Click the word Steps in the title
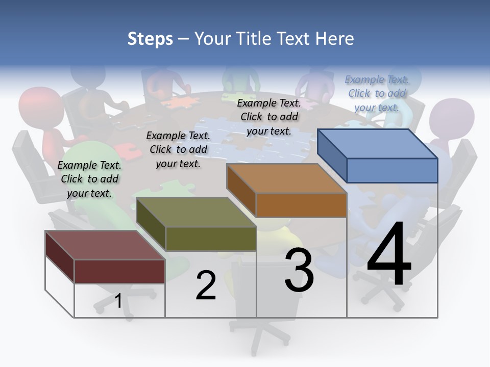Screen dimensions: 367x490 (150, 39)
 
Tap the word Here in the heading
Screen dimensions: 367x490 (335, 39)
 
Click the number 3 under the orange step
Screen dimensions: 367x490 (299, 270)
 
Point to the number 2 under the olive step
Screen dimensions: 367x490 (206, 285)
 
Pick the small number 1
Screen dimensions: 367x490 (118, 301)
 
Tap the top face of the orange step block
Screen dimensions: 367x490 (286, 178)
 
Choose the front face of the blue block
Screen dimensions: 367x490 (392, 170)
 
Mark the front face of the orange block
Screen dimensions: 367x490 (301, 205)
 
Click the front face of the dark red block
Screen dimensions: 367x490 (119, 271)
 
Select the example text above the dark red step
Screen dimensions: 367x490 (89, 179)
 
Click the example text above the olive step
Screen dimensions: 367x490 (178, 149)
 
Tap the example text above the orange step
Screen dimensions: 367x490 (269, 117)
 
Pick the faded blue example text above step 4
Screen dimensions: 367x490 (377, 93)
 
